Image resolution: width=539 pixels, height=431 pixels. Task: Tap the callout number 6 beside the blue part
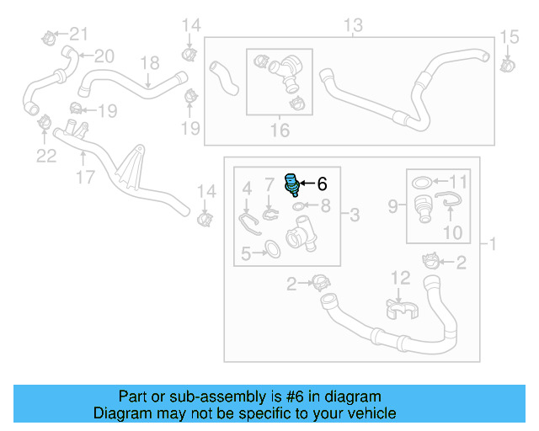pyautogui.click(x=321, y=184)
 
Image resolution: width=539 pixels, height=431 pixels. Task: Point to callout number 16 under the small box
pyautogui.click(x=279, y=130)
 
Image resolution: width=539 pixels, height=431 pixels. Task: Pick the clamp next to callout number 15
pyautogui.click(x=507, y=64)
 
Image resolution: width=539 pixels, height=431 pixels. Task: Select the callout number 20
pyautogui.click(x=104, y=56)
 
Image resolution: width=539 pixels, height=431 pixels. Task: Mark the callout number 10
pyautogui.click(x=452, y=231)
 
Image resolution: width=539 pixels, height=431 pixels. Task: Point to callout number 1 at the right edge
pyautogui.click(x=493, y=245)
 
